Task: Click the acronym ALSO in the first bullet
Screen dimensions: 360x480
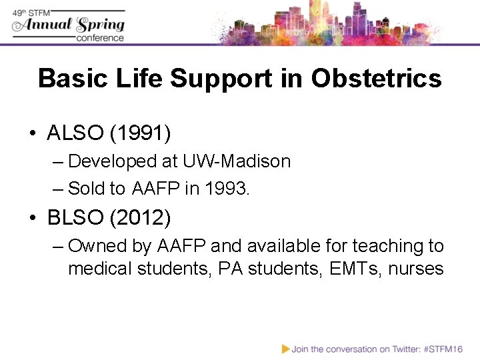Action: click(75, 133)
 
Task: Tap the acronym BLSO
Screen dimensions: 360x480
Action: click(75, 217)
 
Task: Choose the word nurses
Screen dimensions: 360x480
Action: click(413, 269)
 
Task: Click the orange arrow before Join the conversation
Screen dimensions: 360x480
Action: click(285, 349)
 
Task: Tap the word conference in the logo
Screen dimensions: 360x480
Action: click(100, 38)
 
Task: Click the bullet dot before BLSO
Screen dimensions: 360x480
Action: click(33, 218)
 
